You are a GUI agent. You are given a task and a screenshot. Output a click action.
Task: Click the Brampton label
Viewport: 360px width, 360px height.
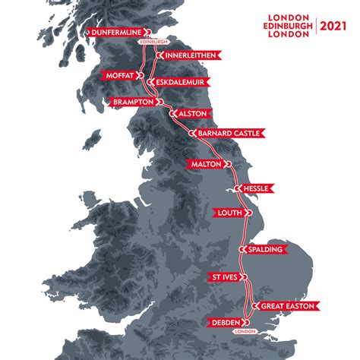[132, 100]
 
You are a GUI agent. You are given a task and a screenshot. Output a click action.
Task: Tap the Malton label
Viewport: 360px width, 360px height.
[206, 163]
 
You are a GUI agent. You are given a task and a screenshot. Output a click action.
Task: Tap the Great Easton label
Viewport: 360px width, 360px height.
[287, 306]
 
